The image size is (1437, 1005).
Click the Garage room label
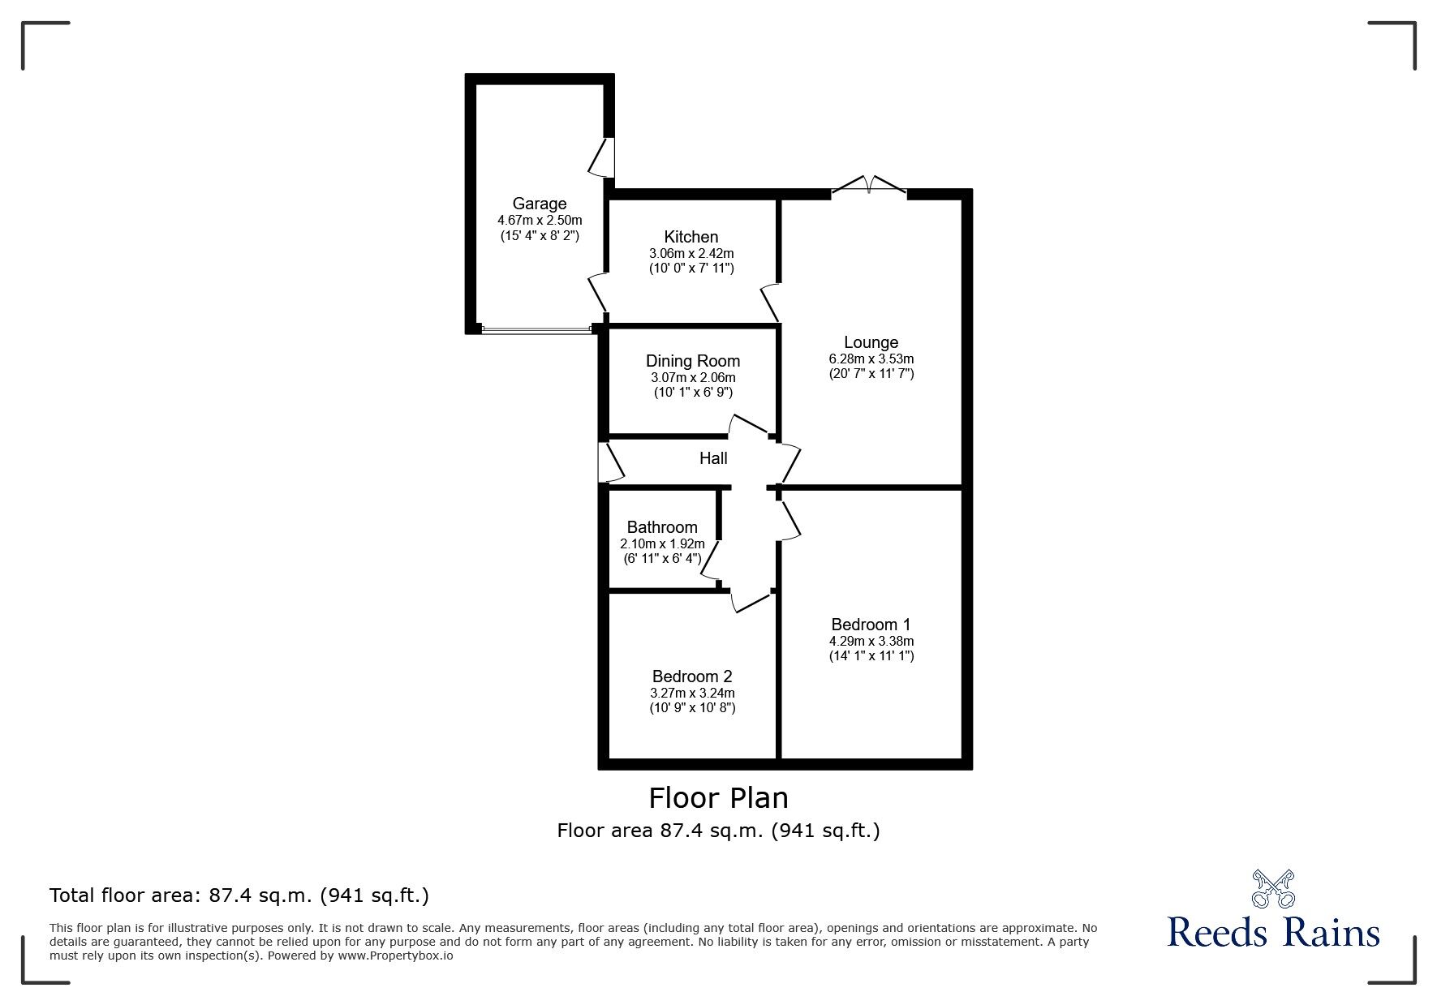pyautogui.click(x=539, y=204)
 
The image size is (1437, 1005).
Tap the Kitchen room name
pyautogui.click(x=691, y=237)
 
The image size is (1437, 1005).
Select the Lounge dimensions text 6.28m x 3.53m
pyautogui.click(x=871, y=359)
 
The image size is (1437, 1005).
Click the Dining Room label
pyautogui.click(x=692, y=361)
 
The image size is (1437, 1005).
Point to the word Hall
pyautogui.click(x=713, y=458)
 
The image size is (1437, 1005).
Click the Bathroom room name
pyautogui.click(x=661, y=527)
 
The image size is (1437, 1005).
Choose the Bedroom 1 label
pyautogui.click(x=871, y=625)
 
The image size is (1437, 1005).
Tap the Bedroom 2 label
pyautogui.click(x=692, y=676)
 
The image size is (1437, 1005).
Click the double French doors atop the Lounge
pyautogui.click(x=869, y=186)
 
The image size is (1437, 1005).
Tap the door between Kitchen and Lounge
pyautogui.click(x=771, y=301)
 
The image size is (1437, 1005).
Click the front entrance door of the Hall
pyautogui.click(x=609, y=463)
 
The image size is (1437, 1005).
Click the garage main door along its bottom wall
pyautogui.click(x=536, y=329)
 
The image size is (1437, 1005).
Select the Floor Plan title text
pyautogui.click(x=718, y=798)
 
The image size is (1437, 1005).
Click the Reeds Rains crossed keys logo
pyautogui.click(x=1272, y=888)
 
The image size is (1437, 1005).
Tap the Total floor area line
pyautogui.click(x=239, y=895)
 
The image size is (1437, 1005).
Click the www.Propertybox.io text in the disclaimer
pyautogui.click(x=395, y=956)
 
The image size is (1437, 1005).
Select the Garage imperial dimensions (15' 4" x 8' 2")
pyautogui.click(x=540, y=236)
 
